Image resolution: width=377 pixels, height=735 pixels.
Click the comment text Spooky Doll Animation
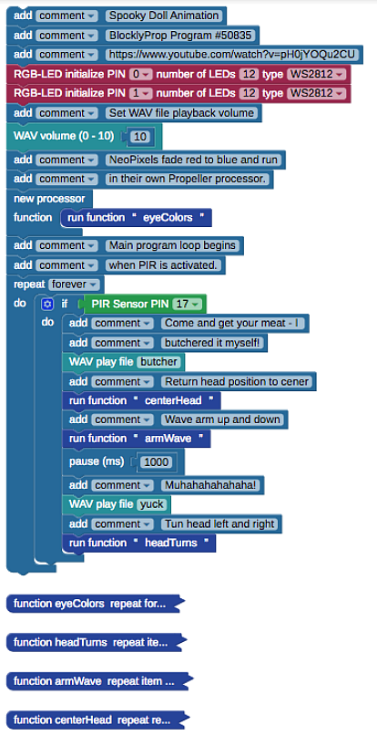point(164,16)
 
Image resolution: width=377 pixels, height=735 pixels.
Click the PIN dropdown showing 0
point(141,74)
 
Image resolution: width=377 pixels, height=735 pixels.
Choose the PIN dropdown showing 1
point(141,93)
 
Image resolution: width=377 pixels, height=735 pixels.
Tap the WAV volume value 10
point(140,137)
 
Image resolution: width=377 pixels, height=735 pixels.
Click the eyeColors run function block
point(137,218)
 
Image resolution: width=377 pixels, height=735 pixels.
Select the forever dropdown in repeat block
point(75,285)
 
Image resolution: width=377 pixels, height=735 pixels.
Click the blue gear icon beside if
point(46,305)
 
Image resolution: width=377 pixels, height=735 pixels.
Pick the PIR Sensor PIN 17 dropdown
point(188,305)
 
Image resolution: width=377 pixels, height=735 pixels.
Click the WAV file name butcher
point(158,361)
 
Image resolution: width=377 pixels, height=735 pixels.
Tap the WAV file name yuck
point(152,504)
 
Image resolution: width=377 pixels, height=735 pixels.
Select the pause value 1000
point(157,462)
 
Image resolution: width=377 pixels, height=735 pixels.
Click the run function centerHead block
point(141,400)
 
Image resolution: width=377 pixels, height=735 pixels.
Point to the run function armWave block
point(137,439)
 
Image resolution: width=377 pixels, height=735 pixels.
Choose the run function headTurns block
point(139,543)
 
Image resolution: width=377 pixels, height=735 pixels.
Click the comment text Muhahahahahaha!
point(210,485)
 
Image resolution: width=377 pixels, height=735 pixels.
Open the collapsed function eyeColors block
point(95,604)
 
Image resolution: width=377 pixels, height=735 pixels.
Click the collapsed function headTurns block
point(96,642)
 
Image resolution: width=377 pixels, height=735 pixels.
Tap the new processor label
point(49,198)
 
